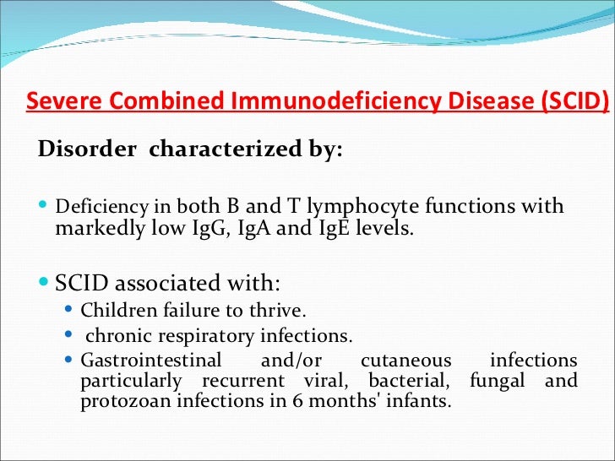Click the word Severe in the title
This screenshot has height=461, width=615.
(x=55, y=101)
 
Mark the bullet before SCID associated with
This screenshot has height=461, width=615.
(x=45, y=281)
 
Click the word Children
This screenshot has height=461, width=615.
(x=116, y=311)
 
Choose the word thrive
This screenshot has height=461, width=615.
(x=272, y=311)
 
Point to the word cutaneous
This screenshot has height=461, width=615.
(x=405, y=361)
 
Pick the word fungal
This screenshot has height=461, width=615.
(x=503, y=381)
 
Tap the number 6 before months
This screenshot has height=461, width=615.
(x=289, y=401)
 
